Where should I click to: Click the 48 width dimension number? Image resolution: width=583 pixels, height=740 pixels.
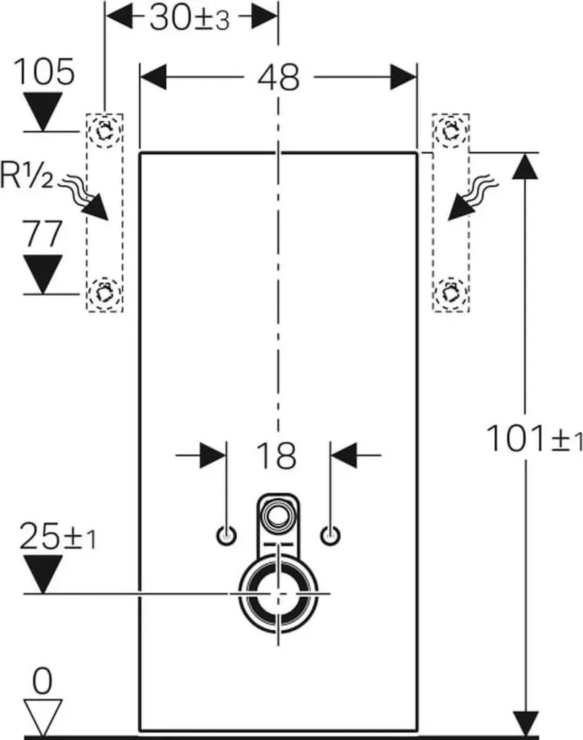pos(278,77)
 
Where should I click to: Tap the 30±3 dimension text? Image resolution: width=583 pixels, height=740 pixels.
pos(189,20)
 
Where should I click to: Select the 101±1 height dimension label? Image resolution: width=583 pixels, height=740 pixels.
pos(534,439)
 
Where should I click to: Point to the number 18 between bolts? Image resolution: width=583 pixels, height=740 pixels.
pos(277,456)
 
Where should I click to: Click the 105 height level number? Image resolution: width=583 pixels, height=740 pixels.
pos(43,72)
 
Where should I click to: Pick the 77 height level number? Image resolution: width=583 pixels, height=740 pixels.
pos(43,233)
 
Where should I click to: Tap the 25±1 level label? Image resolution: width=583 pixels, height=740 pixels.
pos(58,536)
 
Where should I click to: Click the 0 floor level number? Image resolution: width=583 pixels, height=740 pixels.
pos(43,681)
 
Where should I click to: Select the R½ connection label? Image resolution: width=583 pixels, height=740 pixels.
pos(27,175)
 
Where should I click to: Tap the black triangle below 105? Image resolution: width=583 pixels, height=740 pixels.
pos(43,111)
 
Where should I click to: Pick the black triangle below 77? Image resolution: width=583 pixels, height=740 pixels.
pos(43,275)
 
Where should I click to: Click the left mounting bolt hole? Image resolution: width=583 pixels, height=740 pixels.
pos(226,535)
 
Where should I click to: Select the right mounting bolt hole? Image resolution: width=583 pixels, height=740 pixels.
pos(330,535)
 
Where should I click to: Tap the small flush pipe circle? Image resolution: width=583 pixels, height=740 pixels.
pos(278,514)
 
